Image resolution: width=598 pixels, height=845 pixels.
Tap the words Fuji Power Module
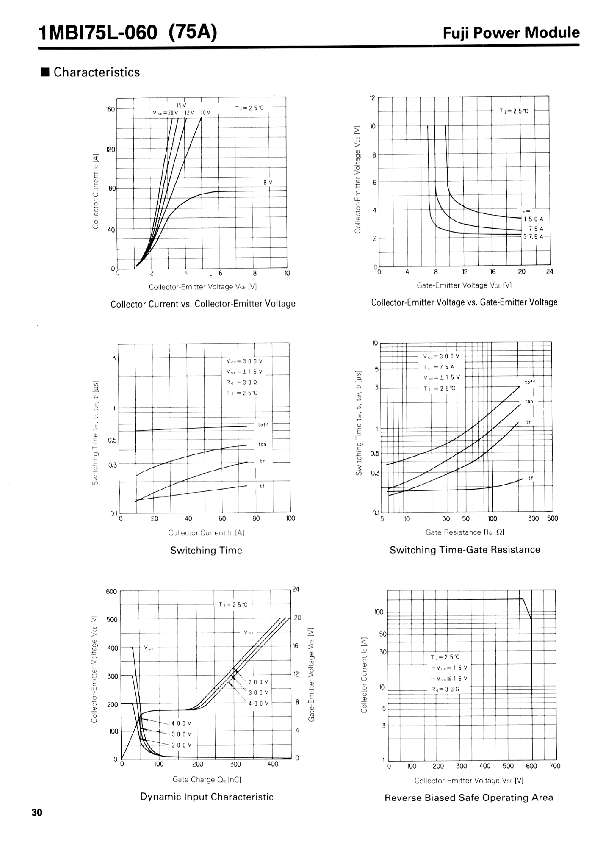point(511,33)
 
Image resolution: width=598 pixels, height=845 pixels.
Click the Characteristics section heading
point(96,72)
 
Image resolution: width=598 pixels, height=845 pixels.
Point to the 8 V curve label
point(268,182)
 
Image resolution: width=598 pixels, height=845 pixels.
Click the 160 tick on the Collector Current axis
point(110,109)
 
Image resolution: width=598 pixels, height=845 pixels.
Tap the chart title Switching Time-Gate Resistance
point(465,550)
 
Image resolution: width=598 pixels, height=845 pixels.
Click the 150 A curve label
point(533,219)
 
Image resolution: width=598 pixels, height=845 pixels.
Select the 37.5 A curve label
point(533,237)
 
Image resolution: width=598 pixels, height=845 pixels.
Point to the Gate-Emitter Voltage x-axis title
point(464,285)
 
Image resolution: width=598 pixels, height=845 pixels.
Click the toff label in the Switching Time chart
point(263,425)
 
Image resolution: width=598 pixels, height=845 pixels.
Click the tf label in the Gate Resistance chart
point(531,478)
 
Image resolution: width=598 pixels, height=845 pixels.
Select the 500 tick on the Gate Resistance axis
point(552,518)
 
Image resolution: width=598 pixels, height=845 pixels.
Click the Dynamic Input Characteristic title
point(207,797)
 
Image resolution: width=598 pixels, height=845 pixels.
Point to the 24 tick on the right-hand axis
point(296,590)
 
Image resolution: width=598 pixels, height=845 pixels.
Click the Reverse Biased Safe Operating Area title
point(469,797)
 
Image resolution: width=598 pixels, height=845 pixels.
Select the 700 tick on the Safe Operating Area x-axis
point(555,766)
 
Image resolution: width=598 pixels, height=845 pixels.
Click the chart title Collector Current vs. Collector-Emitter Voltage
point(203,304)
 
